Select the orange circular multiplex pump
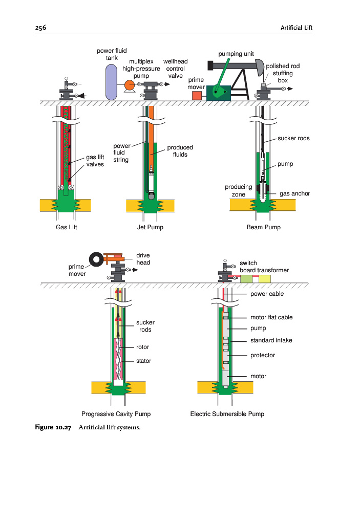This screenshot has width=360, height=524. pyautogui.click(x=129, y=86)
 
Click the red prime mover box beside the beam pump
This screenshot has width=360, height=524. pyautogui.click(x=197, y=95)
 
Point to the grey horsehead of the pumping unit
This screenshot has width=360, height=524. pyautogui.click(x=259, y=66)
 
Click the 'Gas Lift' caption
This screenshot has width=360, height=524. pyautogui.click(x=66, y=227)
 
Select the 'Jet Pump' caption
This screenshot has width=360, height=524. pyautogui.click(x=150, y=227)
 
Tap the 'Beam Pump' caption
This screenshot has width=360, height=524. pyautogui.click(x=263, y=227)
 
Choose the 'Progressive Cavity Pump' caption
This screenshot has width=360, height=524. pyautogui.click(x=116, y=413)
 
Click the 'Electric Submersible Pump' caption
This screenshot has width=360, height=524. pyautogui.click(x=227, y=413)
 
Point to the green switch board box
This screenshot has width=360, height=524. pyautogui.click(x=247, y=279)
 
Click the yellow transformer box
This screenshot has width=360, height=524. pyautogui.click(x=265, y=279)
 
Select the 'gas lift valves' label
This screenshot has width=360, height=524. pyautogui.click(x=95, y=161)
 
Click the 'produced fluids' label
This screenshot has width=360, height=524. pyautogui.click(x=180, y=151)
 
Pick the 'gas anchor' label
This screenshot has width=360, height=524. pyautogui.click(x=294, y=194)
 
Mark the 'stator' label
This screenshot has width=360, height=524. pyautogui.click(x=143, y=361)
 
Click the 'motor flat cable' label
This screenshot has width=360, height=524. pyautogui.click(x=271, y=317)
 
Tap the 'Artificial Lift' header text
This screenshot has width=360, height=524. pyautogui.click(x=297, y=28)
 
